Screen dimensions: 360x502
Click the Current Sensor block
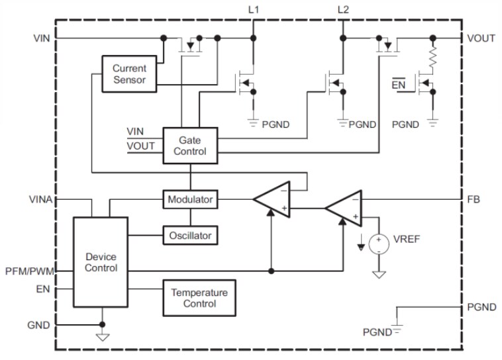coord(129,74)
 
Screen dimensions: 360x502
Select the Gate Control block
coord(190,146)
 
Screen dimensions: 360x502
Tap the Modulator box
coord(190,199)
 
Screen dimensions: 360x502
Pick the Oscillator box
coord(190,234)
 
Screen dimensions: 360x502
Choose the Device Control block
coord(101,262)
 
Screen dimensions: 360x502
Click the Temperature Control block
coord(199,298)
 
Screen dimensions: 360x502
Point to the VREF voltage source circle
coord(379,245)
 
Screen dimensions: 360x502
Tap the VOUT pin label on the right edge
coord(481,38)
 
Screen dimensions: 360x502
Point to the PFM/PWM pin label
coord(28,271)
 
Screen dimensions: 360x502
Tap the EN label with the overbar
coord(399,85)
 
